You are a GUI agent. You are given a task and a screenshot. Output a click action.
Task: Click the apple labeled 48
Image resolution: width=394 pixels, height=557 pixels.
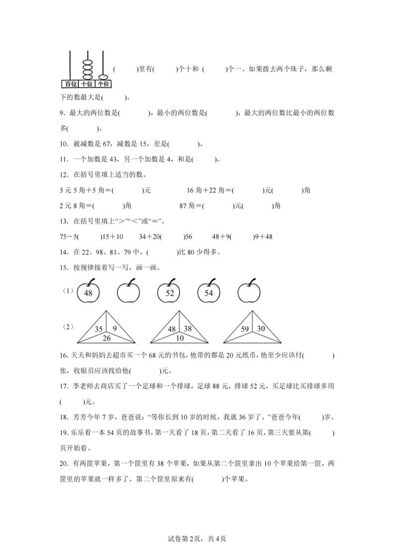coord(88,293)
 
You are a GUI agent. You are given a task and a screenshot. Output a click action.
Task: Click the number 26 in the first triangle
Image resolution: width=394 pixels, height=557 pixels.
coord(107,339)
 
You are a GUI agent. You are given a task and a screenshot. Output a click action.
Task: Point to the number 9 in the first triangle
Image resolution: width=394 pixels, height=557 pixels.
coord(115,328)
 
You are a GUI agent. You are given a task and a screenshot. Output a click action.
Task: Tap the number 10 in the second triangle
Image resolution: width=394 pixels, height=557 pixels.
coord(179,339)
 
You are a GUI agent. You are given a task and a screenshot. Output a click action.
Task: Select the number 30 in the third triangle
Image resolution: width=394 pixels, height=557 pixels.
coord(260,328)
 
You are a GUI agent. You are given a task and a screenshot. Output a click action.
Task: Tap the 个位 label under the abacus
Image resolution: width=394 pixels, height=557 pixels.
coord(103,83)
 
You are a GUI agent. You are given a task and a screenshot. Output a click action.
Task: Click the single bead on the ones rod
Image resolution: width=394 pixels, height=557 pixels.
coord(103,76)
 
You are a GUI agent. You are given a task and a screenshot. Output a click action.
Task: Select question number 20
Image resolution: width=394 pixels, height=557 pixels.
coord(63,464)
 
